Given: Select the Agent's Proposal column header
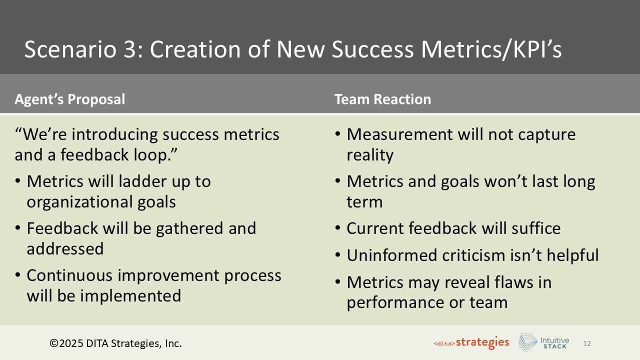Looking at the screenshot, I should pyautogui.click(x=69, y=99).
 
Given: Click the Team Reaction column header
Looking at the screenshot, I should pyautogui.click(x=382, y=99).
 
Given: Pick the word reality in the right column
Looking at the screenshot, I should pyautogui.click(x=370, y=155).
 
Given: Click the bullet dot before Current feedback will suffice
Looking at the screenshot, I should pyautogui.click(x=338, y=229).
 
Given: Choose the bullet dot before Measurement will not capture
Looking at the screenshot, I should pyautogui.click(x=338, y=135).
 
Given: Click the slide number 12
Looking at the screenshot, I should pyautogui.click(x=587, y=344).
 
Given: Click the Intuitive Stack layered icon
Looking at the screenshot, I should pyautogui.click(x=527, y=343).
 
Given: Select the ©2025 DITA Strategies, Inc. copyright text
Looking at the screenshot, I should pyautogui.click(x=115, y=343).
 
